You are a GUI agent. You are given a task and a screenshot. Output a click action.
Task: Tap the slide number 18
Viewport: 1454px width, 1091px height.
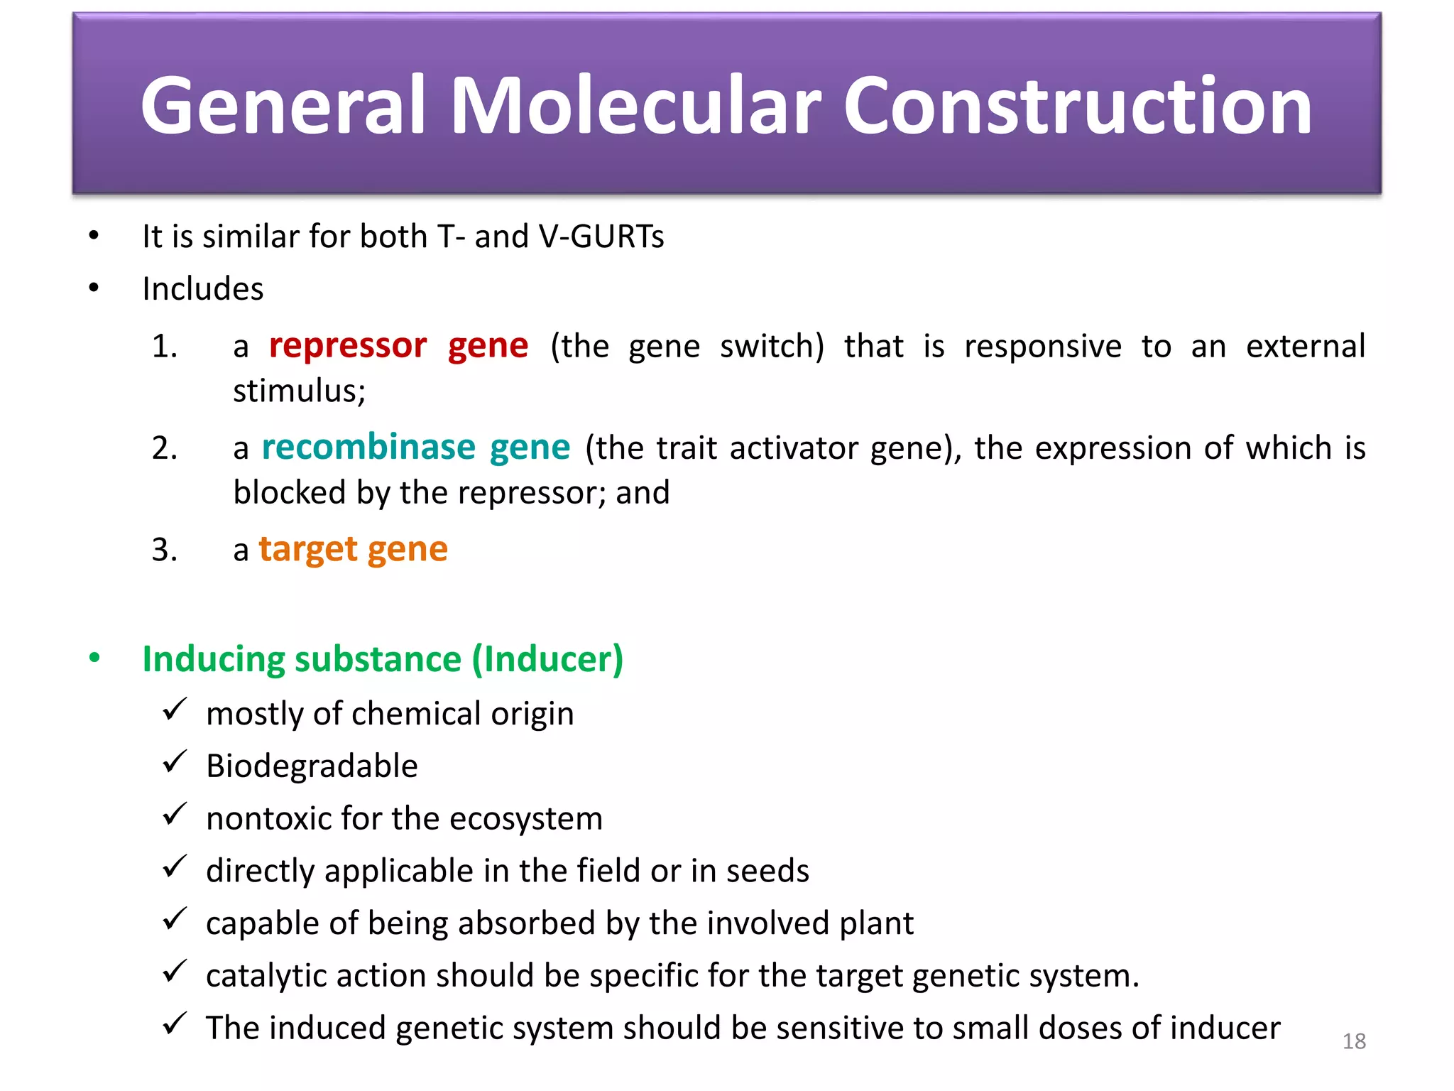coord(1354,1041)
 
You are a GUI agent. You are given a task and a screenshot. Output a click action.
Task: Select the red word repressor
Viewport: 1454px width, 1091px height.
coord(348,346)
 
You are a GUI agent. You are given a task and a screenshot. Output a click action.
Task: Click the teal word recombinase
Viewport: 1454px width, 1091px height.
coord(368,447)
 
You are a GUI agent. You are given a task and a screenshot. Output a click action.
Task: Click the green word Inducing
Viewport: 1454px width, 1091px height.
coord(213,659)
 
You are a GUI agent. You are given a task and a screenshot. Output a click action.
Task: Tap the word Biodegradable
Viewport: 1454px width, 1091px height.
coord(312,766)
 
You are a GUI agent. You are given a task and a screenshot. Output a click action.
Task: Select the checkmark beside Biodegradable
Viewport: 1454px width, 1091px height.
coord(174,762)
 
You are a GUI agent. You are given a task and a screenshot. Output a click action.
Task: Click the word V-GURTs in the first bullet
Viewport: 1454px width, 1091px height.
coord(601,237)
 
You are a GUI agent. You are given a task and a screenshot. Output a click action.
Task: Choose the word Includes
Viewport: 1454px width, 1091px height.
coord(203,289)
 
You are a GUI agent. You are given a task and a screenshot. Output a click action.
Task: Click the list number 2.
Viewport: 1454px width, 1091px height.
coord(164,448)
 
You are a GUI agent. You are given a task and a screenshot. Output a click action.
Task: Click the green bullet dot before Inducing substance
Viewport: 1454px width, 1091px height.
coord(94,658)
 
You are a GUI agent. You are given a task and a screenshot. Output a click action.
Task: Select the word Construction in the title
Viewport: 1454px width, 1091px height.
coord(1077,107)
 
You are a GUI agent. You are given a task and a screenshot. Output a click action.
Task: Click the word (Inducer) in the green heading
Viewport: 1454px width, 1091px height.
coord(547,659)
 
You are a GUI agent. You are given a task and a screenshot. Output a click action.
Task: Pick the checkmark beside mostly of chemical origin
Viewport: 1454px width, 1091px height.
coord(174,710)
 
